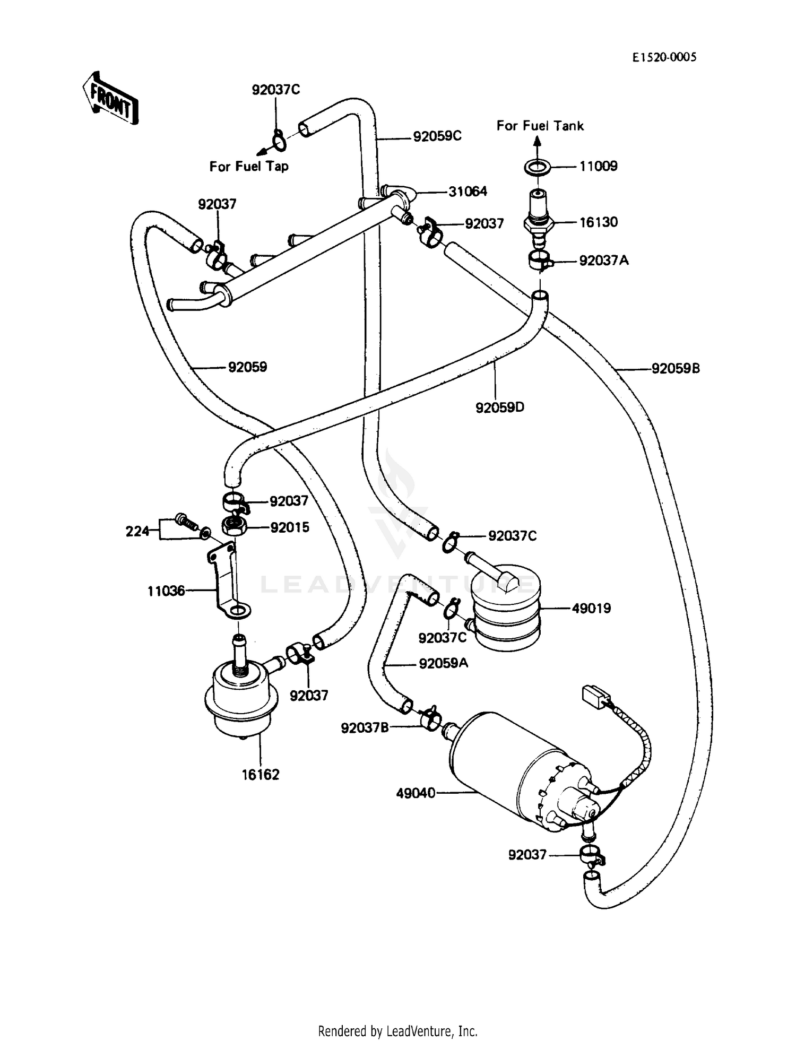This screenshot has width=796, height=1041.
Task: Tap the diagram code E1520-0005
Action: (x=664, y=57)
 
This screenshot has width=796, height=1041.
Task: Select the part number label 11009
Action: (x=598, y=167)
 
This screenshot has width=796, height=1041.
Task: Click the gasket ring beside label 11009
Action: (x=537, y=167)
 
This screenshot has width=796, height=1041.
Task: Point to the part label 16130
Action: (x=598, y=222)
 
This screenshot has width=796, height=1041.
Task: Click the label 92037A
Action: (x=603, y=261)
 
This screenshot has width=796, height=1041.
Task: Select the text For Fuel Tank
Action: (x=540, y=126)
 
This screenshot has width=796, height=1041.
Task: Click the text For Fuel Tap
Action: (x=249, y=167)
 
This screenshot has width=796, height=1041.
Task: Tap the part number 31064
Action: (x=468, y=192)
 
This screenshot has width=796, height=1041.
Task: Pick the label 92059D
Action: (x=499, y=407)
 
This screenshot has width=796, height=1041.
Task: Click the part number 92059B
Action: (x=676, y=368)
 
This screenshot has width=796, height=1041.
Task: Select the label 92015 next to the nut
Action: (x=289, y=527)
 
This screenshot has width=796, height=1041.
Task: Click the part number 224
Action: (x=137, y=531)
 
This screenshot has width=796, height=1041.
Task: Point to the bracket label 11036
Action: (x=166, y=591)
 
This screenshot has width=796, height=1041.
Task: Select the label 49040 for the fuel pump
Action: (x=416, y=793)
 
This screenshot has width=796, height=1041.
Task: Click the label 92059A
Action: (x=443, y=664)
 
